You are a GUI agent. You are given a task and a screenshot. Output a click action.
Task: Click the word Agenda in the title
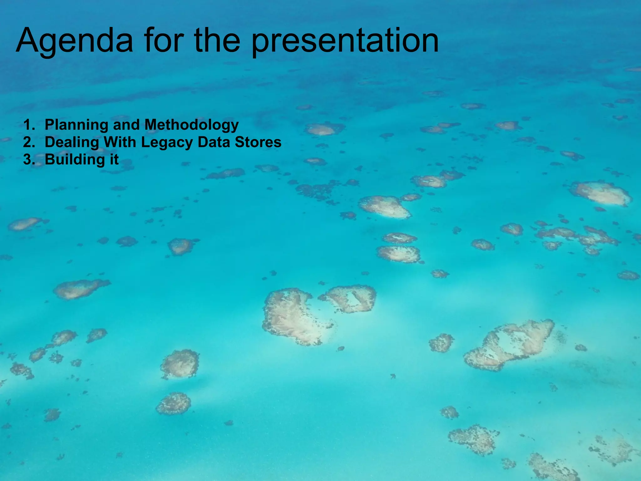(74, 41)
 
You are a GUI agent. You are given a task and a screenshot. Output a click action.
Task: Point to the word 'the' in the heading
(217, 41)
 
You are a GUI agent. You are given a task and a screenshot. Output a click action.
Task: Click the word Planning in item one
(76, 125)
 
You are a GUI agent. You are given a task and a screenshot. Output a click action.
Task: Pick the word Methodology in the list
(192, 125)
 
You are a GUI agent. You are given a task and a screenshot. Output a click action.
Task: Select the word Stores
(258, 142)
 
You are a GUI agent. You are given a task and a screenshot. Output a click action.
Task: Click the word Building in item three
(75, 160)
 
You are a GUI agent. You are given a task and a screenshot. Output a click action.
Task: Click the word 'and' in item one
(126, 125)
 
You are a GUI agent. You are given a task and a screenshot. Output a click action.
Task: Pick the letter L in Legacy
(145, 142)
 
